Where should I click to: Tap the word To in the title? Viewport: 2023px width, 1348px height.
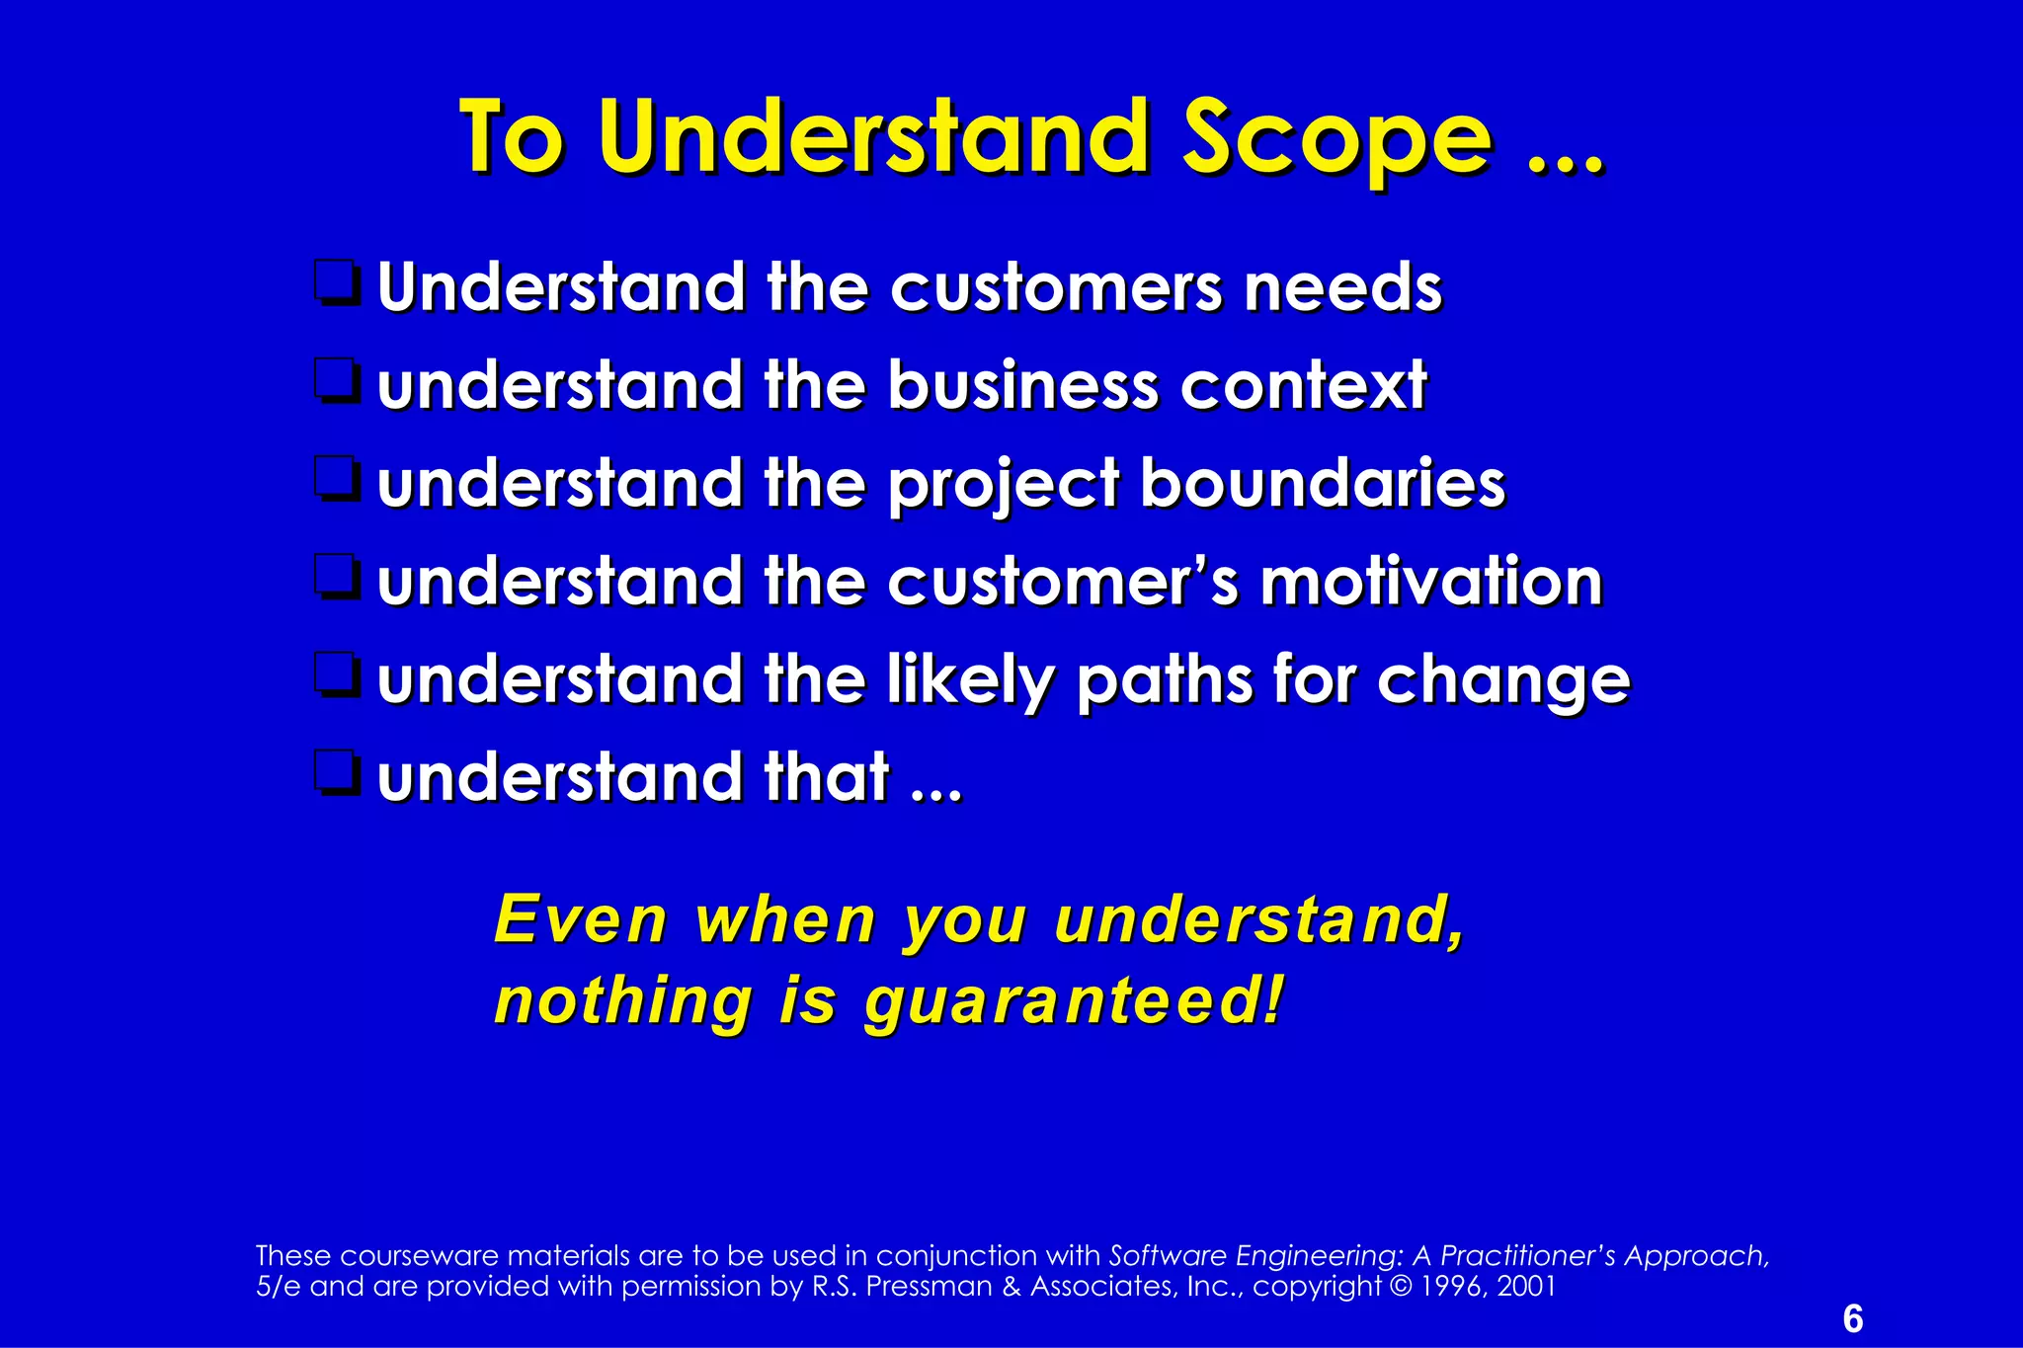(512, 138)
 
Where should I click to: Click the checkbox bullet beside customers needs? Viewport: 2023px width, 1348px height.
(336, 282)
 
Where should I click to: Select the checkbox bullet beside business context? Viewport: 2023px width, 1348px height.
(336, 380)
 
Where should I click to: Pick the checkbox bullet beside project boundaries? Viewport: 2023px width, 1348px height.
(336, 478)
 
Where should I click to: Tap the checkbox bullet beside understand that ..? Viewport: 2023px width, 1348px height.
(336, 772)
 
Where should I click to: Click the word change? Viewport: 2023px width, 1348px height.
(1502, 681)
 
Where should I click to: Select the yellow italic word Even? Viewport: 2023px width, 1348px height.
(581, 919)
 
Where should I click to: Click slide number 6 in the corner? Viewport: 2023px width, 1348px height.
(1853, 1319)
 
